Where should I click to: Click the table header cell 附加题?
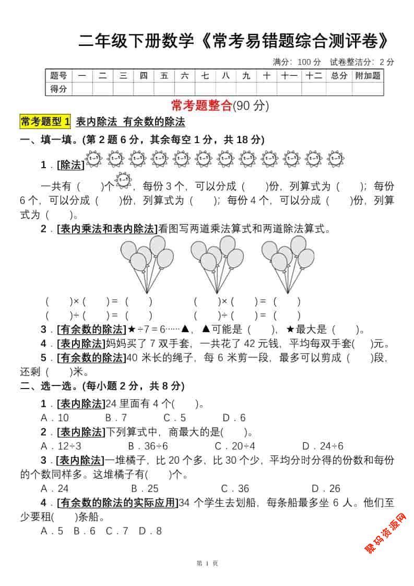pos(368,76)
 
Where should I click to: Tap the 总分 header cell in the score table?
pos(339,76)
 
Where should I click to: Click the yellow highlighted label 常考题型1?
pos(45,122)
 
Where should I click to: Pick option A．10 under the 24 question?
pos(55,418)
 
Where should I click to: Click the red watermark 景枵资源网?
pos(385,533)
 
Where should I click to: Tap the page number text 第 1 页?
pos(207,563)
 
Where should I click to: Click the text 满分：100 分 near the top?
pos(297,62)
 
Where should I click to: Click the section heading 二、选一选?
pos(47,386)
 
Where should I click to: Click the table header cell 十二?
pos(314,76)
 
